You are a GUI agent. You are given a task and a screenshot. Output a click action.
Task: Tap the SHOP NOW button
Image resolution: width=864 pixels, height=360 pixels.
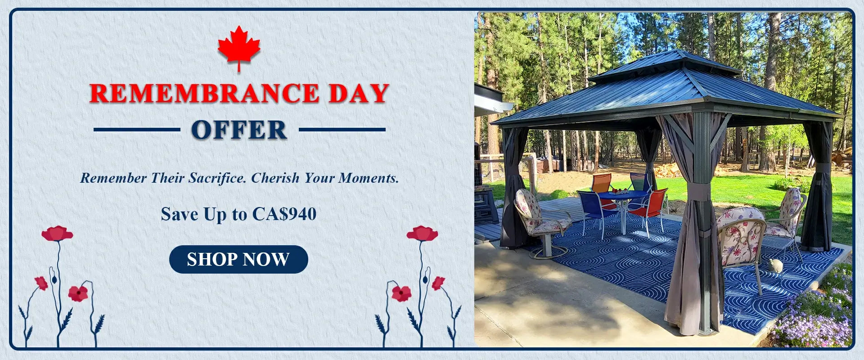[238, 259]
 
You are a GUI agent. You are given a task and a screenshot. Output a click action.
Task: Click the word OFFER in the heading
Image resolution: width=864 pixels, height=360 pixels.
[239, 130]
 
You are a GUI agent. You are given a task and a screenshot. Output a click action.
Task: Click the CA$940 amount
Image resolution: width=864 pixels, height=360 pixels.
[284, 214]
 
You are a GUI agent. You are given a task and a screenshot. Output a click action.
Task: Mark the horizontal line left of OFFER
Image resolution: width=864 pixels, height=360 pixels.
[137, 130]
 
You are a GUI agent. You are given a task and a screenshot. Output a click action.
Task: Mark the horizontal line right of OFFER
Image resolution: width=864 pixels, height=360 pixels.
[342, 130]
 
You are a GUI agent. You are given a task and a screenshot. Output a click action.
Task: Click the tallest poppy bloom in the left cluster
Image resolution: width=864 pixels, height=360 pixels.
[57, 233]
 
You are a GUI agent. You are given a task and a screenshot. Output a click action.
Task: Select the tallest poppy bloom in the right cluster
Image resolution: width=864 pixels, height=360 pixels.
[422, 233]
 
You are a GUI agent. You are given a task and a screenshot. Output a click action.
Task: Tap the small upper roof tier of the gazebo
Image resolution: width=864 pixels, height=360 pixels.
[664, 65]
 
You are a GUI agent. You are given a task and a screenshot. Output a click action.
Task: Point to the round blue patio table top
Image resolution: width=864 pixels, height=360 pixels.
[623, 195]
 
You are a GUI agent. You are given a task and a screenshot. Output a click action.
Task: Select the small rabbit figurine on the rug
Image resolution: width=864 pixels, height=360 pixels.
[774, 265]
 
